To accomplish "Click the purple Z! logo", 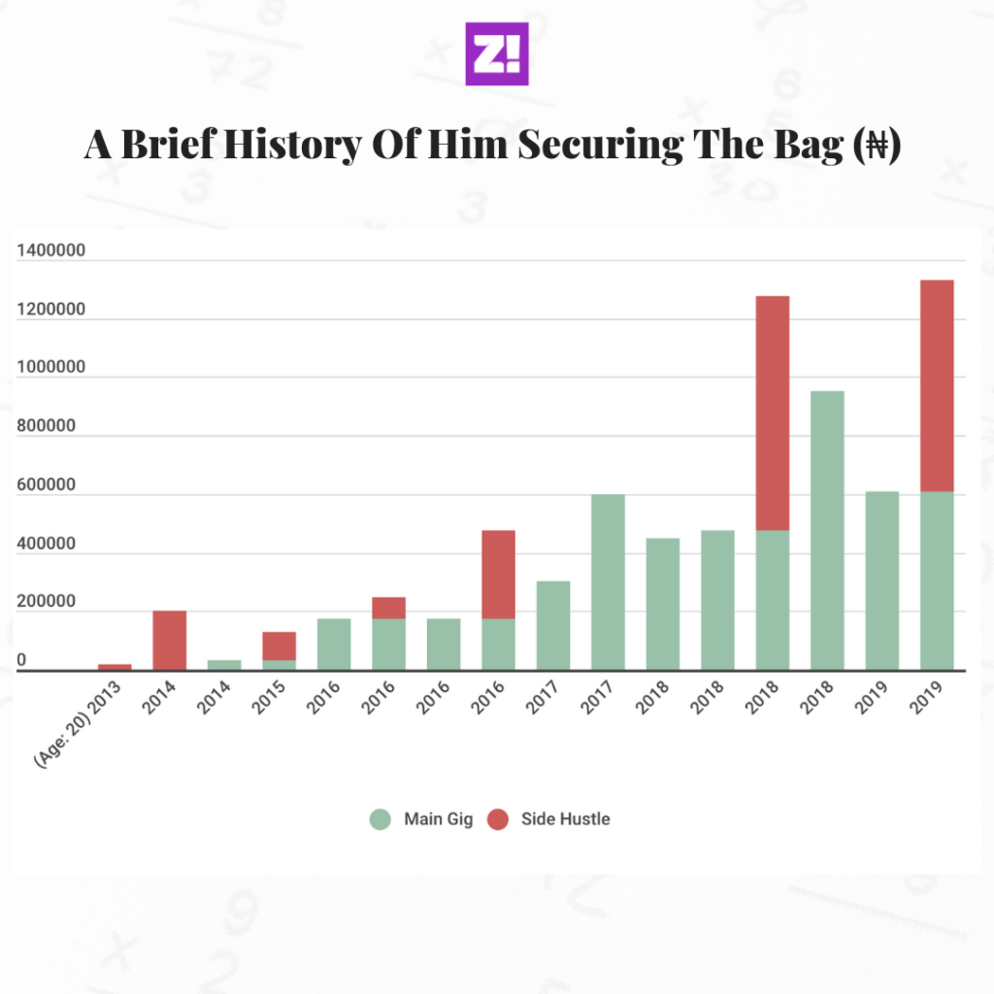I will (496, 53).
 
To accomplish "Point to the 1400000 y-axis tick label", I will (50, 251).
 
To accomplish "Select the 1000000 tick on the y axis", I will (50, 369).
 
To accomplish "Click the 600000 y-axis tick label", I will (50, 486).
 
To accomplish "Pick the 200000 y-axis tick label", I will (50, 603).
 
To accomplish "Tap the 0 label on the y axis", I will (21, 661).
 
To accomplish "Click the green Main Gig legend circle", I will (381, 819).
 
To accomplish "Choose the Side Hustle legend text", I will (565, 819).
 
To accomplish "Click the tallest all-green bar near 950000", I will (827, 530).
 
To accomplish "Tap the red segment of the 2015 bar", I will (279, 646).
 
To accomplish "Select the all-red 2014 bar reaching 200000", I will (169, 640).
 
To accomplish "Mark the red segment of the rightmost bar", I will (937, 385).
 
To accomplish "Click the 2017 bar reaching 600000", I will (608, 582).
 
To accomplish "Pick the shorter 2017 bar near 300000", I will (553, 625).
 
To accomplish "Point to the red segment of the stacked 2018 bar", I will (773, 413).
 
